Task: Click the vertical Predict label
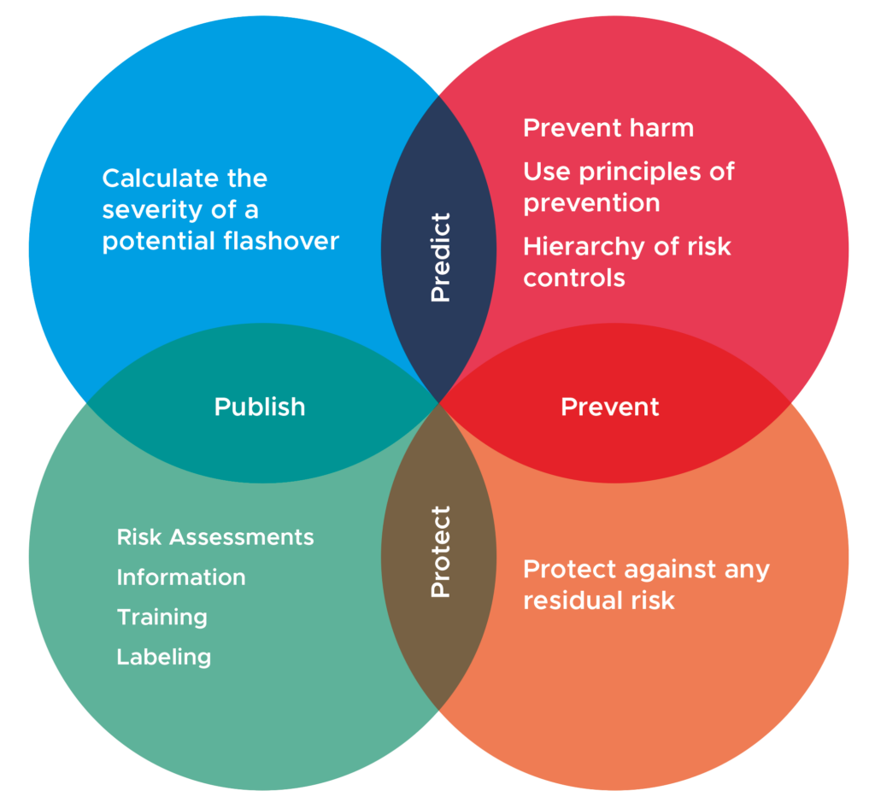[x=440, y=257]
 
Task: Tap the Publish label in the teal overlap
[x=260, y=407]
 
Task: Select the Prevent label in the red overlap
[x=609, y=407]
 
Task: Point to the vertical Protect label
[x=440, y=552]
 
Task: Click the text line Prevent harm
[x=608, y=128]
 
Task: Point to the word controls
[x=574, y=278]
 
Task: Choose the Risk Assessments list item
[x=215, y=537]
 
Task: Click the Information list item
[x=181, y=577]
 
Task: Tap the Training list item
[x=162, y=617]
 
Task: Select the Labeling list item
[x=164, y=657]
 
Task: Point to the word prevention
[x=591, y=203]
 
